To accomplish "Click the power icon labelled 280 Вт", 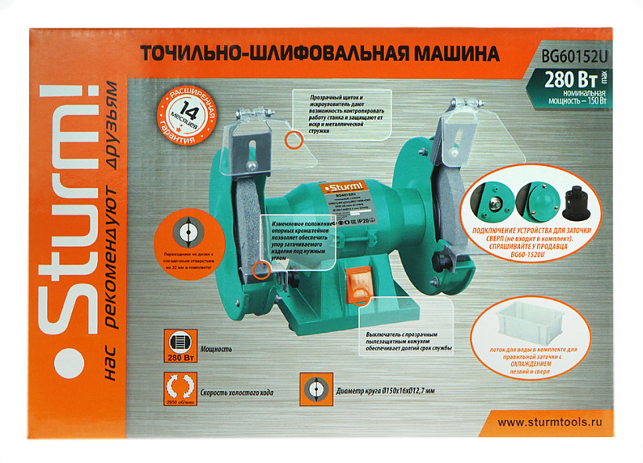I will pos(181,345).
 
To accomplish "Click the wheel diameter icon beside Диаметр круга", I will pos(314,389).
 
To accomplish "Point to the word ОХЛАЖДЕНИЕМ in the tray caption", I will pos(542,364).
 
